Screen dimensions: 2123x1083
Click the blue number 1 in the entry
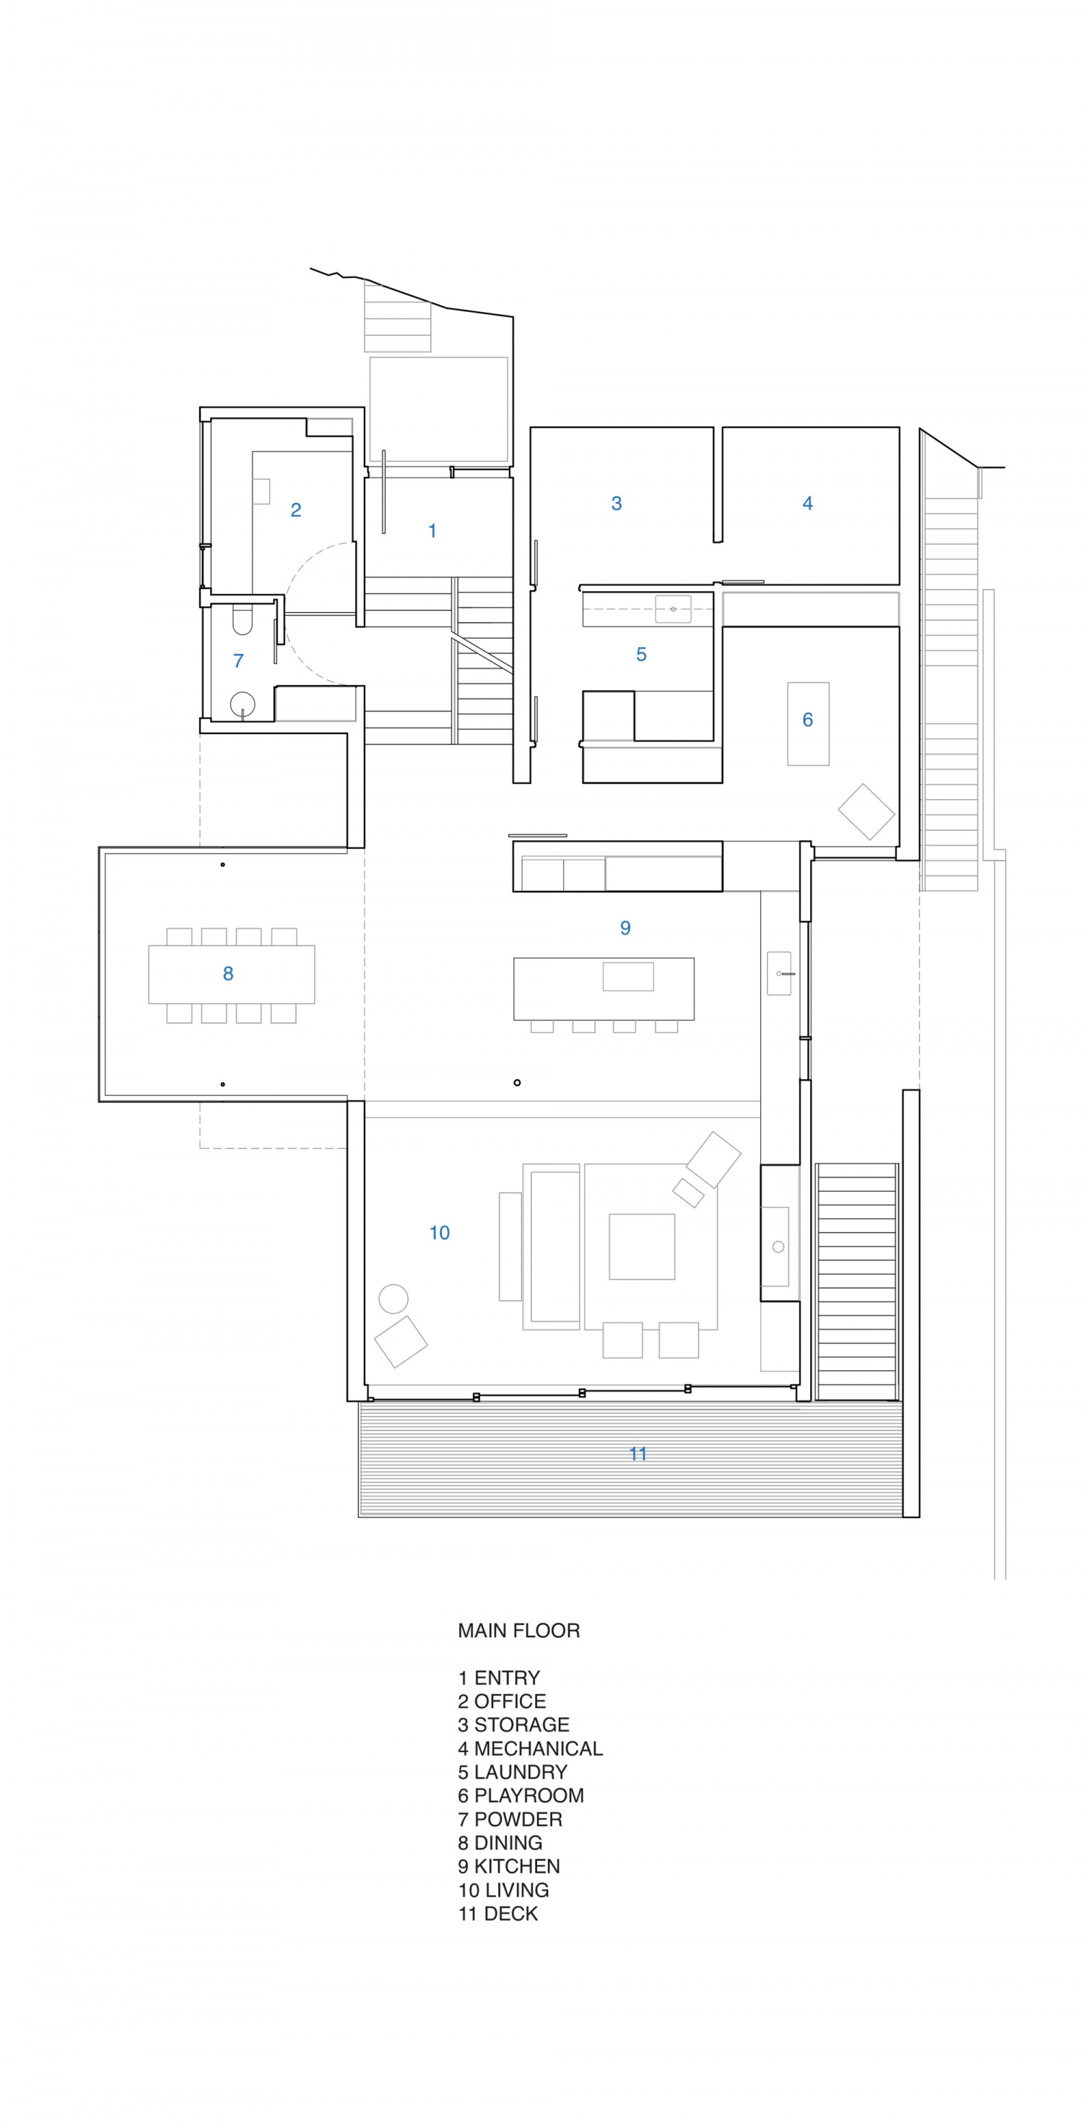coord(432,531)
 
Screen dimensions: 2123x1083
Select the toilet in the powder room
coord(241,621)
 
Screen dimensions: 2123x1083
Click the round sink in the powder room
coord(243,705)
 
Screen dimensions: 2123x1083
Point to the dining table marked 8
coord(232,974)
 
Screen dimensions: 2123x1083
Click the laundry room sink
coord(674,609)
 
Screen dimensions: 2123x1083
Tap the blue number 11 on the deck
coord(638,1455)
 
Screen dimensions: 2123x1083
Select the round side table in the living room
coord(393,1299)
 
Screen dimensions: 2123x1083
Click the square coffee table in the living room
coord(641,1247)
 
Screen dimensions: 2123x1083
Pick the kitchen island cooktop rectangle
coord(628,977)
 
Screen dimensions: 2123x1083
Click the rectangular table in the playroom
coord(808,723)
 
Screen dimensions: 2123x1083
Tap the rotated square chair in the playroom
coord(866,812)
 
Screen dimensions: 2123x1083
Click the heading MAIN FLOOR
coord(518,1631)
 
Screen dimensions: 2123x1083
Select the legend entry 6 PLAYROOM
coord(521,1796)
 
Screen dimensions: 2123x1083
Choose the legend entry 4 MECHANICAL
coord(530,1749)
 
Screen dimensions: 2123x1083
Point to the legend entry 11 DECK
coord(497,1914)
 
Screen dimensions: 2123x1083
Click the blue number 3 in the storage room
coord(616,504)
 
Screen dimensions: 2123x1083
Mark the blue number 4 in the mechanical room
coord(807,504)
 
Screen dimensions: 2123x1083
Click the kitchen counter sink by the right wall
coord(780,973)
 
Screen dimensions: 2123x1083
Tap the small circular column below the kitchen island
coord(517,1083)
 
